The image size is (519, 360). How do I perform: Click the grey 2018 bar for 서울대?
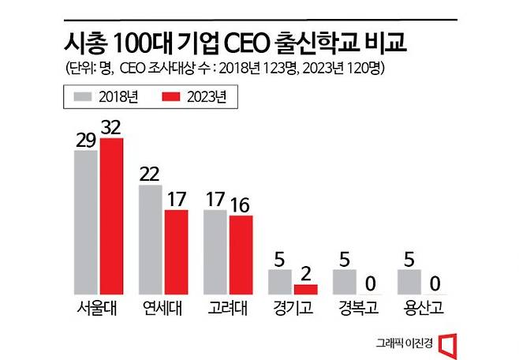pos(86,222)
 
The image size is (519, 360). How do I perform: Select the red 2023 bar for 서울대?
pos(111,216)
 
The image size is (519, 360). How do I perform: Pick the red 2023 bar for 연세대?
pos(176,252)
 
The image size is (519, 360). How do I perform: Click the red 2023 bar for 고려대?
pos(241,254)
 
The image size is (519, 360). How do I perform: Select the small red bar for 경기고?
pos(305,289)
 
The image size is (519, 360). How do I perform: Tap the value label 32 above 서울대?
pos(111,126)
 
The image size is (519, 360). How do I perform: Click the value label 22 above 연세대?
pos(151,174)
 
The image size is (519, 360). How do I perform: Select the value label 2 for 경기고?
pos(306,272)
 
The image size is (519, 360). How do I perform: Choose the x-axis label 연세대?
pos(163,309)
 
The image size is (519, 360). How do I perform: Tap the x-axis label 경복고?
pos(357,309)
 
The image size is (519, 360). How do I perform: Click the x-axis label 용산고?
pos(422,309)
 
